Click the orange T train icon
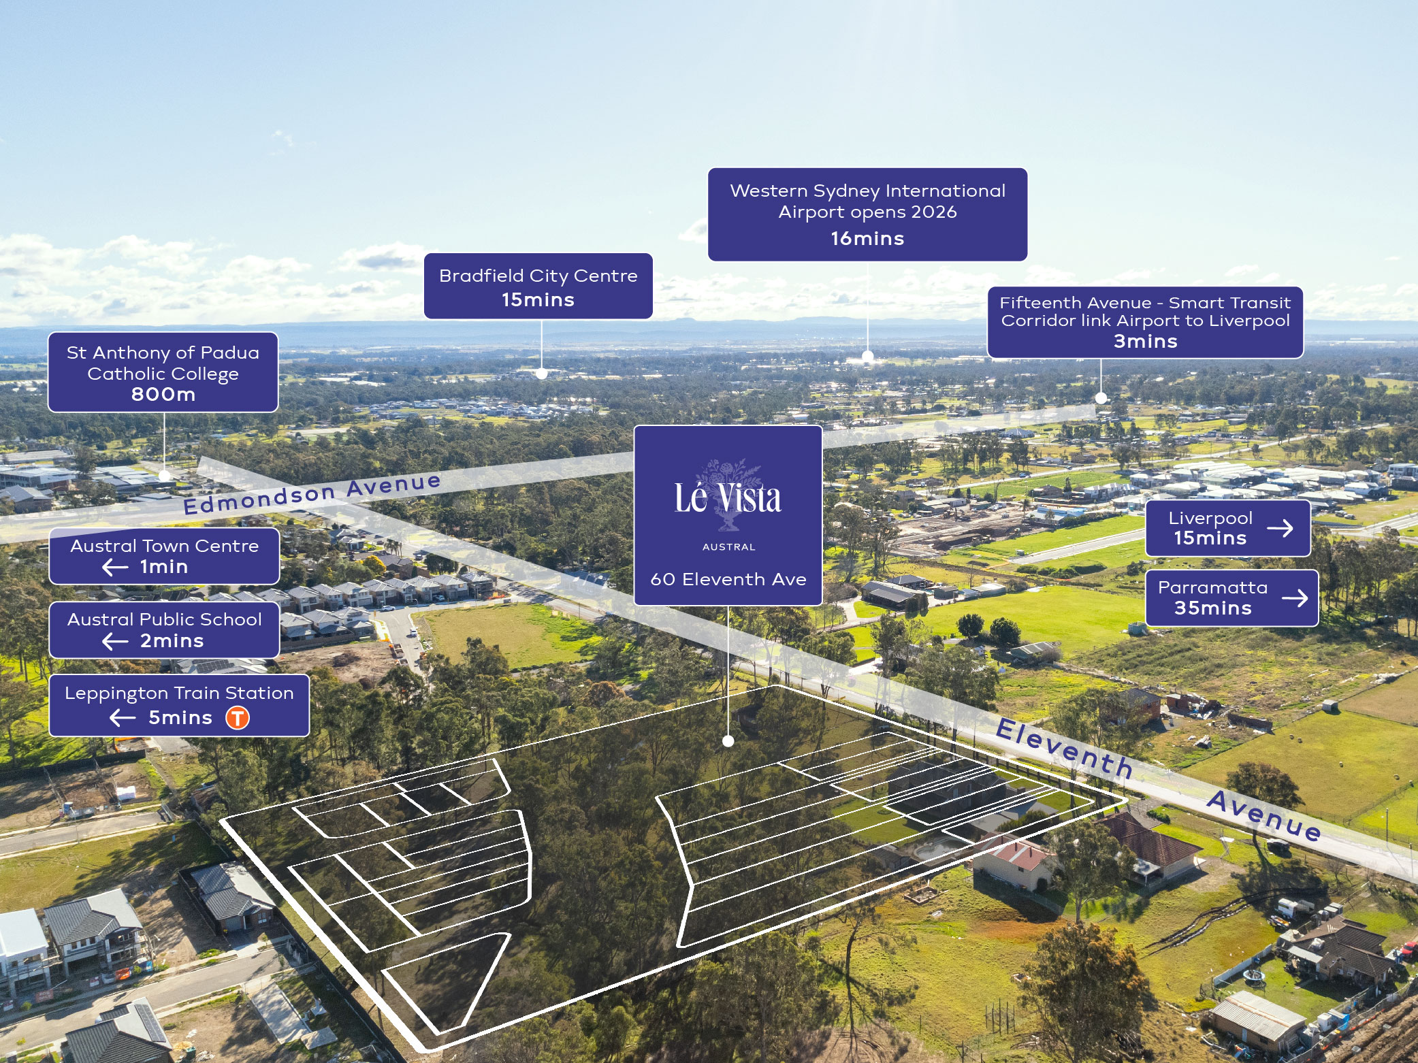[x=238, y=717]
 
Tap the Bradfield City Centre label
[x=538, y=286]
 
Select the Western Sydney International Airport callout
[x=867, y=214]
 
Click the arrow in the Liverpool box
[x=1280, y=528]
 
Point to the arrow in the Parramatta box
[x=1294, y=598]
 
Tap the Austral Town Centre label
[x=164, y=555]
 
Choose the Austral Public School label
[x=164, y=629]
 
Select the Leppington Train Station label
[x=178, y=704]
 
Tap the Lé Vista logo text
[x=728, y=498]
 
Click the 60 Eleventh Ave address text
[x=728, y=579]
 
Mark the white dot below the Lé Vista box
[x=728, y=741]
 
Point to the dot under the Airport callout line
[x=867, y=356]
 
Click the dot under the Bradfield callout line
[x=541, y=373]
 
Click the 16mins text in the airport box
[x=867, y=238]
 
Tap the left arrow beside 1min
[x=115, y=567]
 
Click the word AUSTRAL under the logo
[x=728, y=547]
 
